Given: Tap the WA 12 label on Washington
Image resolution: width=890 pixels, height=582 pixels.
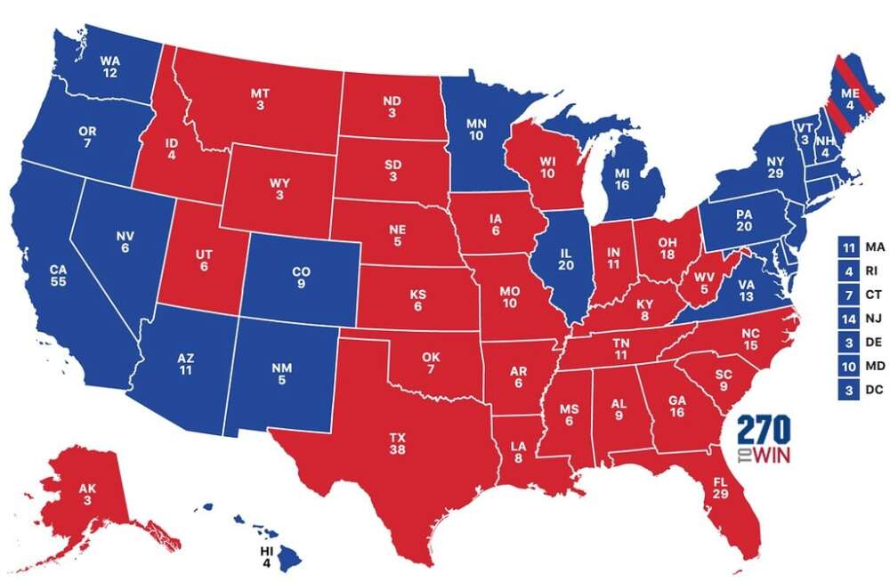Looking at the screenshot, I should click(109, 67).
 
